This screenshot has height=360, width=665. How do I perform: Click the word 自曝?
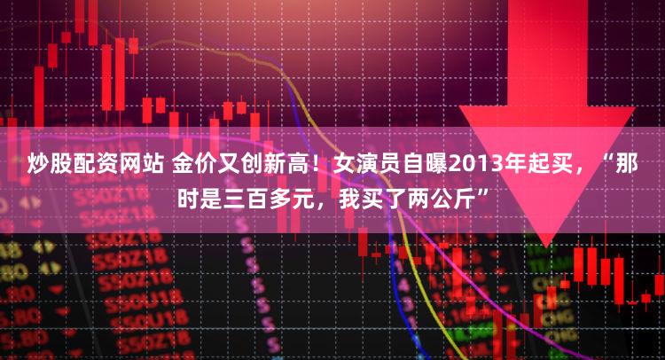(x=425, y=164)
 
